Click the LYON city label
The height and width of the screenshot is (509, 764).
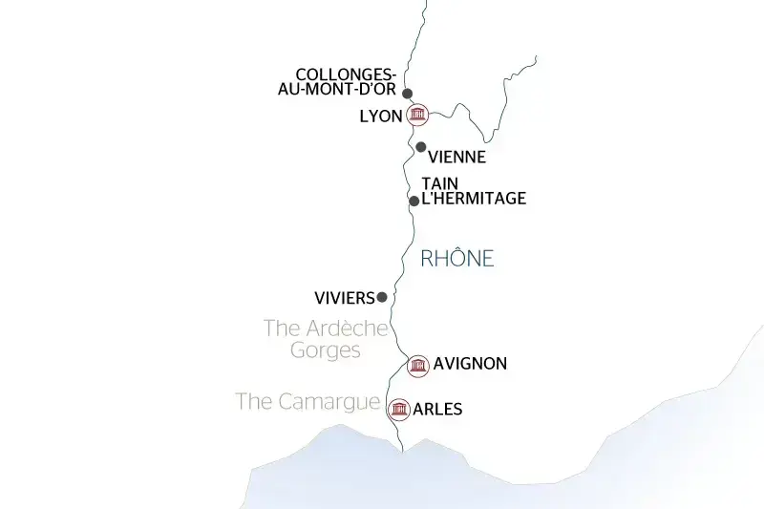coord(380,117)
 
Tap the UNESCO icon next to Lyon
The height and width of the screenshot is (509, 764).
coord(417,116)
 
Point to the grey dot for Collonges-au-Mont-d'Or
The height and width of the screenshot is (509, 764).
coord(408,94)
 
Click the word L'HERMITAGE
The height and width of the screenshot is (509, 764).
coord(474,199)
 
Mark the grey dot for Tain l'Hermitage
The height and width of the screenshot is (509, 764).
coord(414,201)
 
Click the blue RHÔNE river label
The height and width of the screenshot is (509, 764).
coord(457,259)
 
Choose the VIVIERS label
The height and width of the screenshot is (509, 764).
coord(344,297)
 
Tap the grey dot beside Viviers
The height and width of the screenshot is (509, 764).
coord(382,297)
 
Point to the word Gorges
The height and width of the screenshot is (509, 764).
coord(326,350)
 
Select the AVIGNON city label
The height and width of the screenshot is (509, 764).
coord(470,364)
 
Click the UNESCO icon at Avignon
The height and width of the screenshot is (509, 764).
coord(416,366)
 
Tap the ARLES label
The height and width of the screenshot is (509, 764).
coord(437,410)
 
